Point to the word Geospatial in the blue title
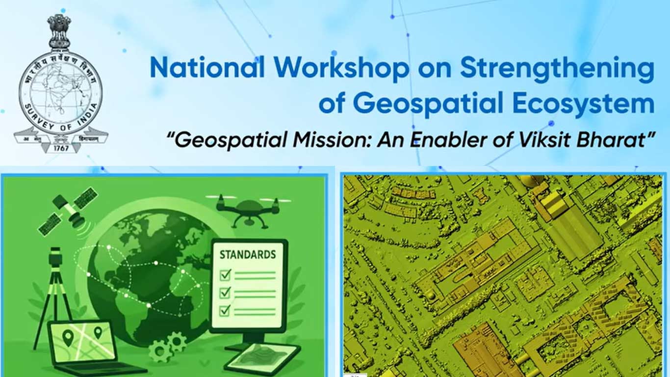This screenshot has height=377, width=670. pos(422,104)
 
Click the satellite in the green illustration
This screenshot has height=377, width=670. pos(68,210)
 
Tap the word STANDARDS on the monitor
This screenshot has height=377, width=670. pos(247,255)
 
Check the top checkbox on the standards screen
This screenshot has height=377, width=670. pos(225,274)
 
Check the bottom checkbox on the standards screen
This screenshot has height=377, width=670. pos(225,310)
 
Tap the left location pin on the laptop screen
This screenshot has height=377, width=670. pos(68,337)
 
